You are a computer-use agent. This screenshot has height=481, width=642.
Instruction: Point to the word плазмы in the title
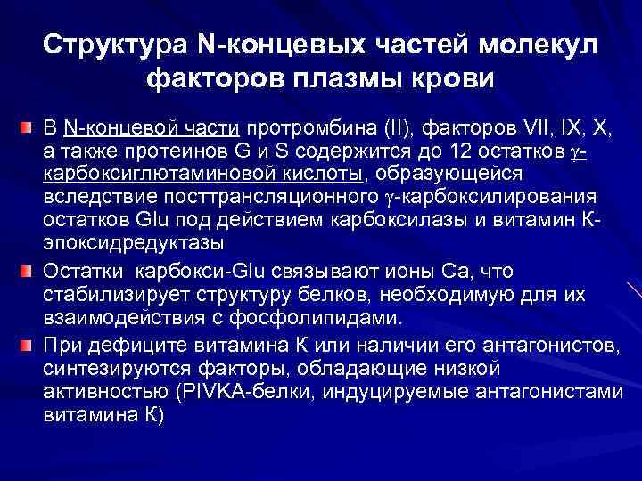tap(356, 80)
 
